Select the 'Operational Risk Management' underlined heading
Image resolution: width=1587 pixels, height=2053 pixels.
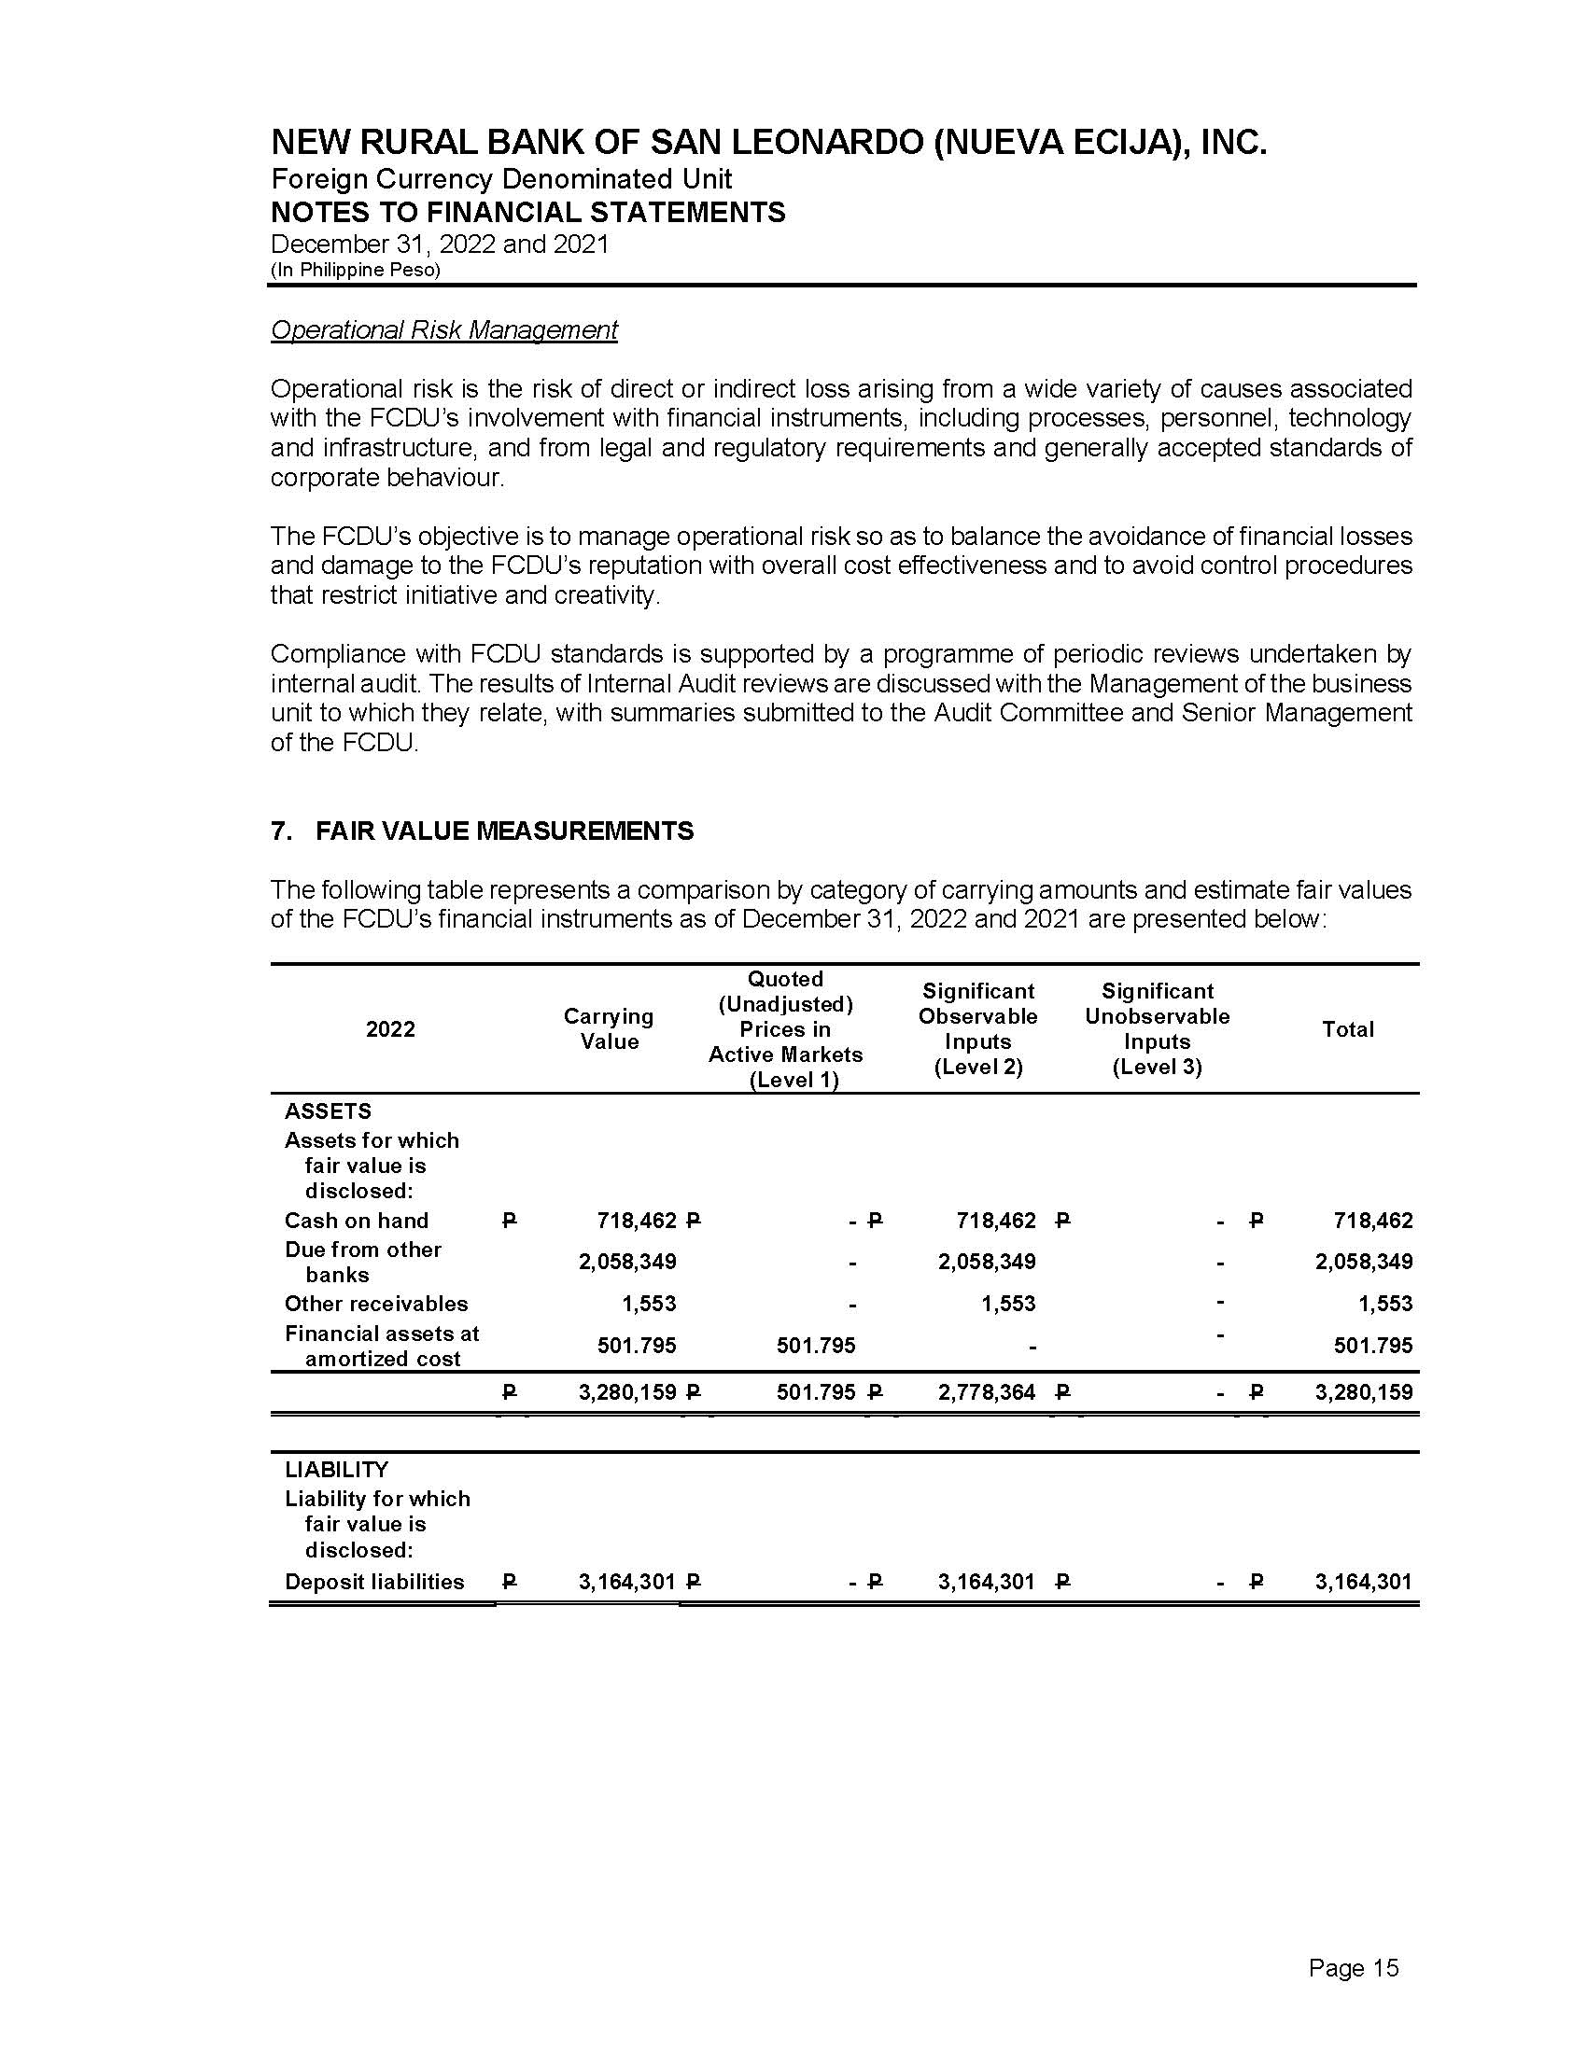coord(443,330)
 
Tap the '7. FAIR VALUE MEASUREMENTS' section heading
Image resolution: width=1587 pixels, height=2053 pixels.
coord(483,831)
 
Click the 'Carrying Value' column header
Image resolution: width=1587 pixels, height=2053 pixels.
coord(609,1028)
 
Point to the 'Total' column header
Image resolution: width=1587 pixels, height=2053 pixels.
coord(1347,1029)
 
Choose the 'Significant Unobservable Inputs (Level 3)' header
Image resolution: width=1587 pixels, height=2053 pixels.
coord(1157,1028)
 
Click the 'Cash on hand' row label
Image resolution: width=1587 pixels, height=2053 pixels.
coord(357,1221)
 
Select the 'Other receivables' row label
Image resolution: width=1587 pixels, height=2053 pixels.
coord(376,1304)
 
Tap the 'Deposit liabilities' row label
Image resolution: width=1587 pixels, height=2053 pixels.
coord(374,1582)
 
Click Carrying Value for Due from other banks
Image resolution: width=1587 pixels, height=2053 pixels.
coord(627,1262)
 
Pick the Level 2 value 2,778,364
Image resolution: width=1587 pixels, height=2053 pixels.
coord(986,1392)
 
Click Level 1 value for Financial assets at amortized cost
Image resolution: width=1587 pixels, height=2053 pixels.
coord(816,1346)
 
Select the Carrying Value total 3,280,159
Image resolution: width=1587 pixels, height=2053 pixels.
coord(627,1392)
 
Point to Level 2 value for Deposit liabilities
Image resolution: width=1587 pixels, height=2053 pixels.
coord(986,1582)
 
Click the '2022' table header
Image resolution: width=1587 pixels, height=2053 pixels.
coord(390,1029)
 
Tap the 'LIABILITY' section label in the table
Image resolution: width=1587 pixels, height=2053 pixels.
coord(337,1469)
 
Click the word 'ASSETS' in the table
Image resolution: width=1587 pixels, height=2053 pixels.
coord(328,1111)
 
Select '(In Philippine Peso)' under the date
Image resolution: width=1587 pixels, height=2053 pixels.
coord(356,270)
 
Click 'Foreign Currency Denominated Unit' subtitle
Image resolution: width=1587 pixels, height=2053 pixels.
coord(501,178)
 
